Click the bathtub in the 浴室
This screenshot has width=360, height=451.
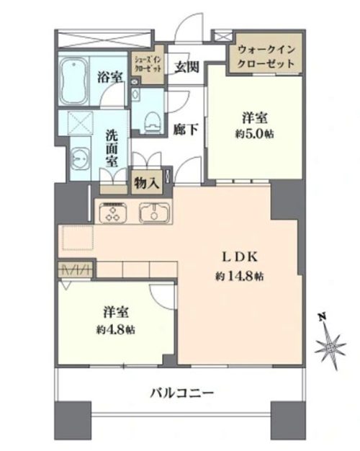[74, 81]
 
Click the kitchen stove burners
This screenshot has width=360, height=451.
[113, 213]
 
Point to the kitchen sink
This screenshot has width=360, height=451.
[154, 213]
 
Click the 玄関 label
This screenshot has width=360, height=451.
[186, 67]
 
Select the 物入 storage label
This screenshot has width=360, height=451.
[147, 183]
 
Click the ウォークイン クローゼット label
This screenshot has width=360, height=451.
[266, 56]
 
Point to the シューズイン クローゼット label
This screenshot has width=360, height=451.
[148, 65]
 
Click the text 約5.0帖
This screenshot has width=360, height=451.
[254, 134]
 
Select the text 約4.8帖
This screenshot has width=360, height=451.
[116, 330]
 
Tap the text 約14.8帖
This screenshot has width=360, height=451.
[240, 277]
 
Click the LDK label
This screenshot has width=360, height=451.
[240, 257]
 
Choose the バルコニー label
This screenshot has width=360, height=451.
[182, 392]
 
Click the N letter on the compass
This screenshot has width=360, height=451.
[323, 318]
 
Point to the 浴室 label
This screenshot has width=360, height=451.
[110, 77]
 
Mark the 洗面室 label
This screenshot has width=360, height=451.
[112, 148]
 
